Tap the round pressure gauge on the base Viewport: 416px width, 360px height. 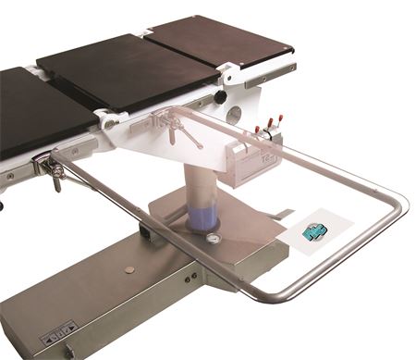pos(214,238)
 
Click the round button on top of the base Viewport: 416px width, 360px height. pos(129,271)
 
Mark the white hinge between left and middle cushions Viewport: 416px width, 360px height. pos(109,118)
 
